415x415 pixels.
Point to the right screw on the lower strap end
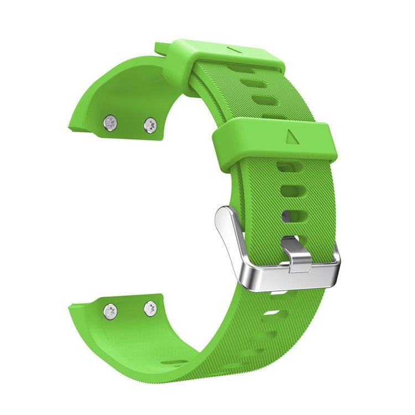pyautogui.click(x=150, y=308)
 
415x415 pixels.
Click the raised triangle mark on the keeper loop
pyautogui.click(x=292, y=136)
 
